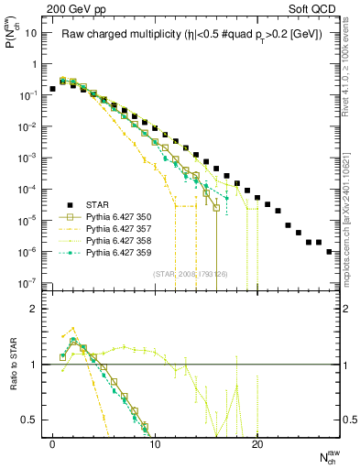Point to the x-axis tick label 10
point(155,442)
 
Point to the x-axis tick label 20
point(257,442)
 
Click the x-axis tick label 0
point(53,442)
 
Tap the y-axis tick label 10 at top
point(31,33)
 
